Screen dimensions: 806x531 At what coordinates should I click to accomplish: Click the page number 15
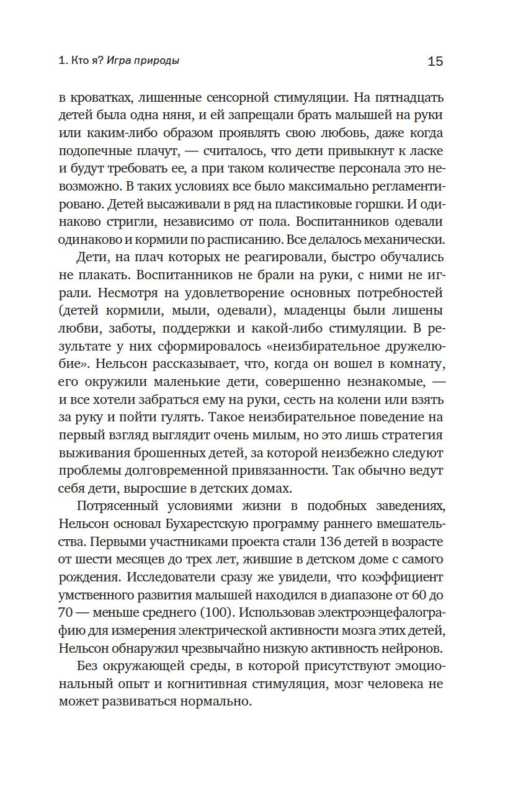tap(435, 61)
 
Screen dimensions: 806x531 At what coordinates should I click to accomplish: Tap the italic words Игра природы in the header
tap(143, 61)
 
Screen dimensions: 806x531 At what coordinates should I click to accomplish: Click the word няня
tap(200, 116)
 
